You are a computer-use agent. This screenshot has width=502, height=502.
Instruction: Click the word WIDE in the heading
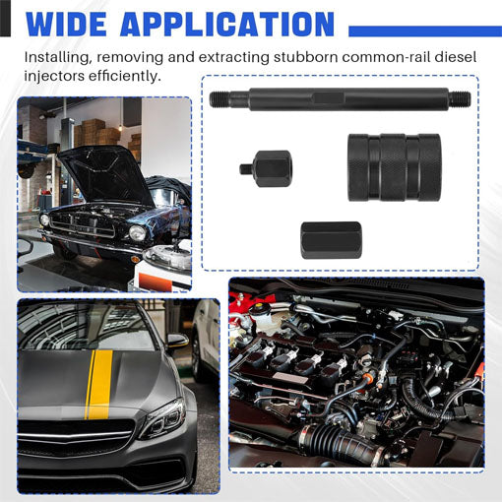pyautogui.click(x=66, y=24)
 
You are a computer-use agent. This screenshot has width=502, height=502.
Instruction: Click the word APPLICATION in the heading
pyautogui.click(x=227, y=24)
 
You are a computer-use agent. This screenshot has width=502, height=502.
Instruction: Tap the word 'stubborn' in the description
pyautogui.click(x=305, y=57)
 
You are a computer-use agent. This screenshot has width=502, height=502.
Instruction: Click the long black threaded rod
pyautogui.click(x=340, y=98)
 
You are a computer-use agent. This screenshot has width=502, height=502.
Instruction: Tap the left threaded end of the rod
pyautogui.click(x=220, y=98)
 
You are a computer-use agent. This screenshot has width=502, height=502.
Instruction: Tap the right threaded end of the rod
pyautogui.click(x=460, y=98)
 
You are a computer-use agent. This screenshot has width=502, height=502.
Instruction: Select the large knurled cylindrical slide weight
pyautogui.click(x=394, y=167)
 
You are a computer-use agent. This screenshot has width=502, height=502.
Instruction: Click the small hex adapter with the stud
pyautogui.click(x=267, y=168)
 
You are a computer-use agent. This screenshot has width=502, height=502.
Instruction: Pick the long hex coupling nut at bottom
pyautogui.click(x=331, y=240)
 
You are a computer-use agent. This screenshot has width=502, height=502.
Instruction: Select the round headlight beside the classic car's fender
pyautogui.click(x=137, y=232)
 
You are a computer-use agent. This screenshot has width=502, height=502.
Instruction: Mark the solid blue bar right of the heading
pyautogui.click(x=425, y=31)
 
